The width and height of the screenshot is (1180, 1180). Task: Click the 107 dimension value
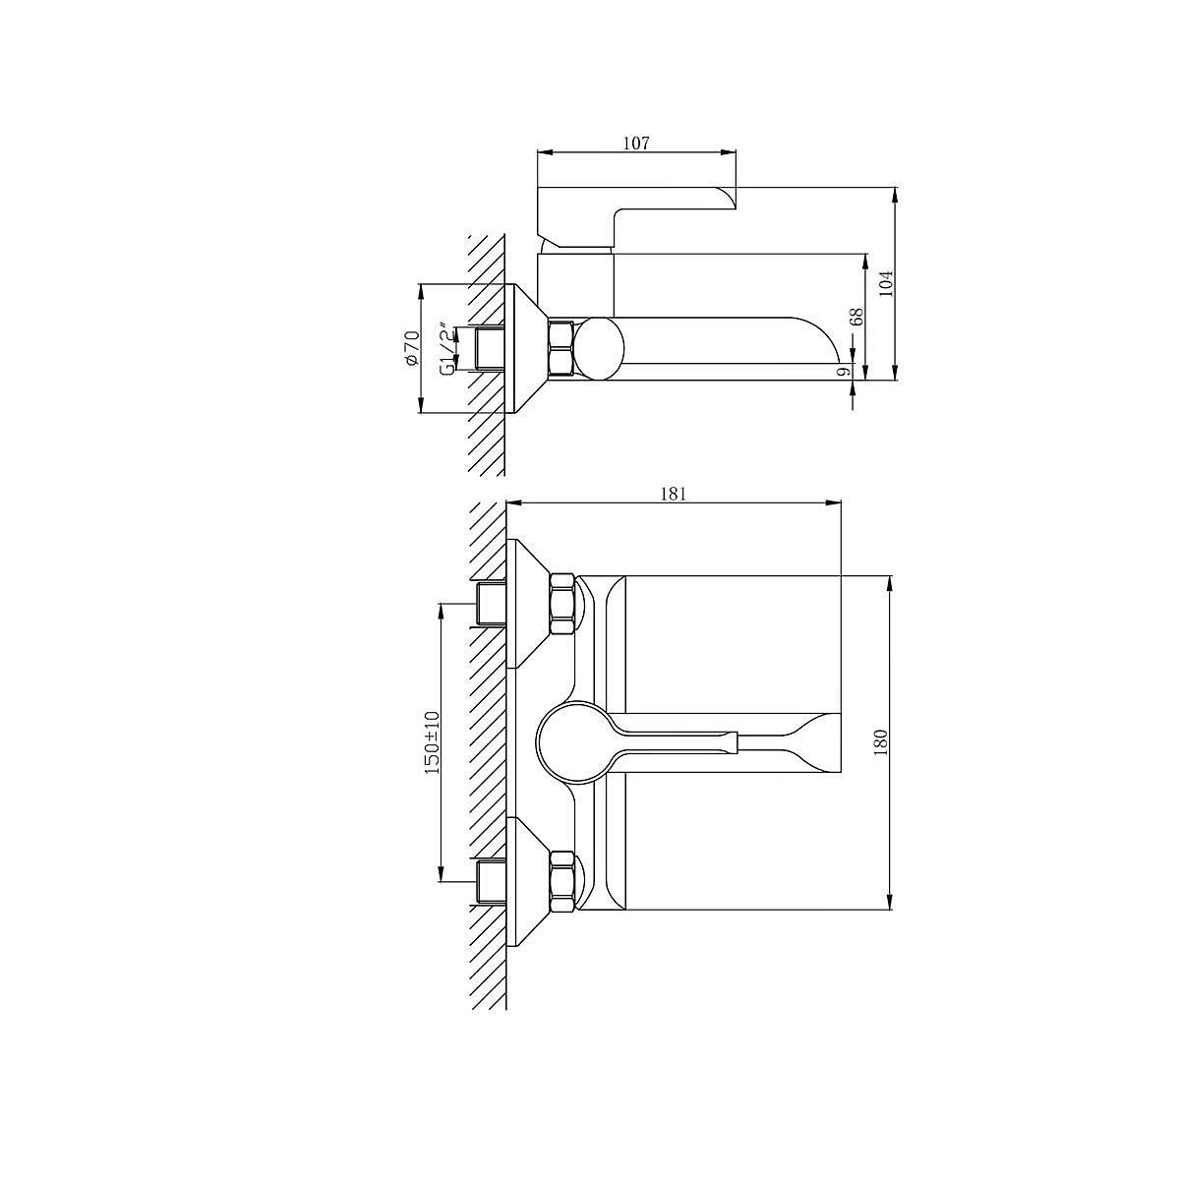(x=636, y=144)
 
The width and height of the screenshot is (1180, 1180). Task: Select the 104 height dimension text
(x=887, y=283)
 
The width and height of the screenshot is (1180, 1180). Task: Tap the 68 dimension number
(x=856, y=316)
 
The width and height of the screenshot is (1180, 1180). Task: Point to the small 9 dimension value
(x=843, y=371)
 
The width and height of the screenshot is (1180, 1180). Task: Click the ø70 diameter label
(x=411, y=348)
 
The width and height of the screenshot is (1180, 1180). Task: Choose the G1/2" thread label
(x=449, y=350)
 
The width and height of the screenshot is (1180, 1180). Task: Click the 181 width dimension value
(x=674, y=495)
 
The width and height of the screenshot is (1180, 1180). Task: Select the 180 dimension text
(x=880, y=742)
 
